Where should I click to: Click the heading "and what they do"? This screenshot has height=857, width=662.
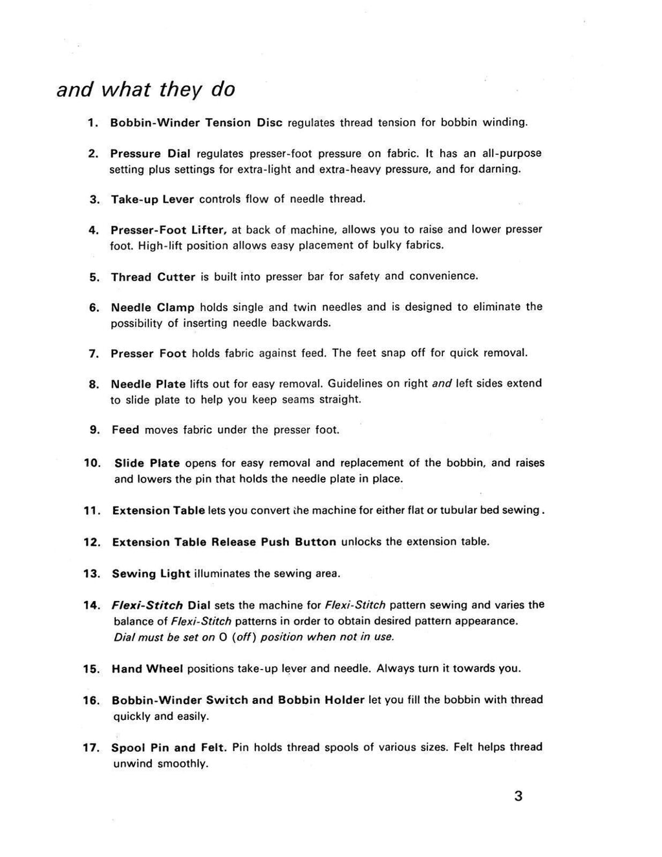pyautogui.click(x=146, y=89)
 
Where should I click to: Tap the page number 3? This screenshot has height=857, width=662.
pyautogui.click(x=518, y=796)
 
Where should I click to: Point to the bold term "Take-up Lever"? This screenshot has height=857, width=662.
pyautogui.click(x=153, y=199)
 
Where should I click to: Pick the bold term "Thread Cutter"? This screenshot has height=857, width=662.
pyautogui.click(x=153, y=277)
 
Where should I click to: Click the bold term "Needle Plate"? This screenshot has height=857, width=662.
pyautogui.click(x=148, y=384)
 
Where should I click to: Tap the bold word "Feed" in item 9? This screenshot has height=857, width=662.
pyautogui.click(x=125, y=430)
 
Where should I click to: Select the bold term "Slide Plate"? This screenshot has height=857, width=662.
pyautogui.click(x=147, y=463)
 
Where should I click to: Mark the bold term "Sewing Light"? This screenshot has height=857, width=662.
pyautogui.click(x=151, y=573)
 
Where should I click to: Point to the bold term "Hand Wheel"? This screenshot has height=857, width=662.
pyautogui.click(x=147, y=668)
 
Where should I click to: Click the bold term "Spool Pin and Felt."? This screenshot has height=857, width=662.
pyautogui.click(x=169, y=748)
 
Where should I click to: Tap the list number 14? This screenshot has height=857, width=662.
pyautogui.click(x=92, y=606)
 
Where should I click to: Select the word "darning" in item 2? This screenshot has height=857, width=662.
pyautogui.click(x=496, y=169)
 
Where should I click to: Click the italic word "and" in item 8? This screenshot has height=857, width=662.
pyautogui.click(x=442, y=383)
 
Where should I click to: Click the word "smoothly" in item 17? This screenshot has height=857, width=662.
pyautogui.click(x=182, y=763)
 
